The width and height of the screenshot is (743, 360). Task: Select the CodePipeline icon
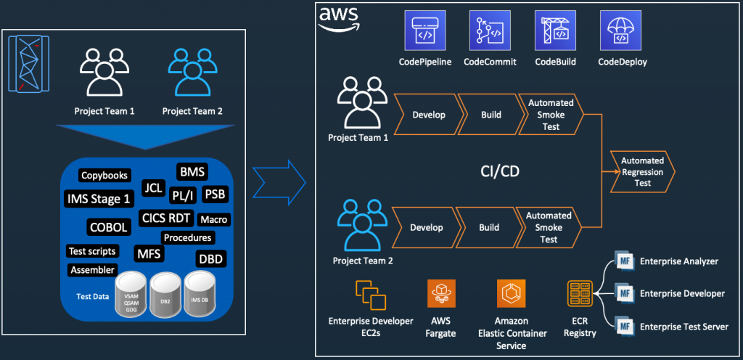pyautogui.click(x=424, y=30)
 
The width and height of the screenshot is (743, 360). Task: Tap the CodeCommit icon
pyautogui.click(x=490, y=30)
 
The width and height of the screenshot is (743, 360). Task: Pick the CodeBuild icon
pyautogui.click(x=555, y=30)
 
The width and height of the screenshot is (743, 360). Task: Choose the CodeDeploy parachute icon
pyautogui.click(x=621, y=30)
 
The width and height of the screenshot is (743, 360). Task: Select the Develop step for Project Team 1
pyautogui.click(x=428, y=114)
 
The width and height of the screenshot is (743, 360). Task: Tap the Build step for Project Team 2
pyautogui.click(x=489, y=227)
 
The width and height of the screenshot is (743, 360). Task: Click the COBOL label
pyautogui.click(x=110, y=226)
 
